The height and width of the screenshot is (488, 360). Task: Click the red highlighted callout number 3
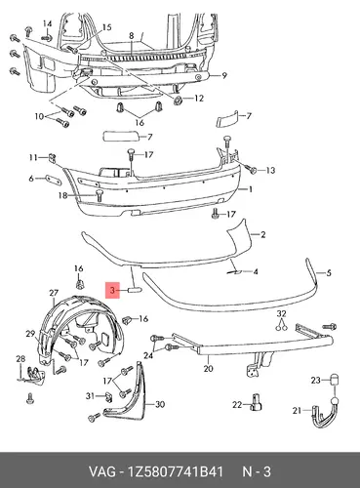(112, 290)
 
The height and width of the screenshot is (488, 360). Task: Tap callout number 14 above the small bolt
(48, 24)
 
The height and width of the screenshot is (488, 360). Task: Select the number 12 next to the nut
(198, 99)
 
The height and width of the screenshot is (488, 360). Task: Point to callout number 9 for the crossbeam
(224, 76)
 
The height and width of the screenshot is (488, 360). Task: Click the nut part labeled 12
(178, 101)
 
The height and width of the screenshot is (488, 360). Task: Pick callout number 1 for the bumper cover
(251, 189)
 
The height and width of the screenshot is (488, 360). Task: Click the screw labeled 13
(252, 169)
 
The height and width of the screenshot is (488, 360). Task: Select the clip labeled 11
(52, 157)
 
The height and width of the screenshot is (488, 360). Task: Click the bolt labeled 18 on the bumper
(100, 196)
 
